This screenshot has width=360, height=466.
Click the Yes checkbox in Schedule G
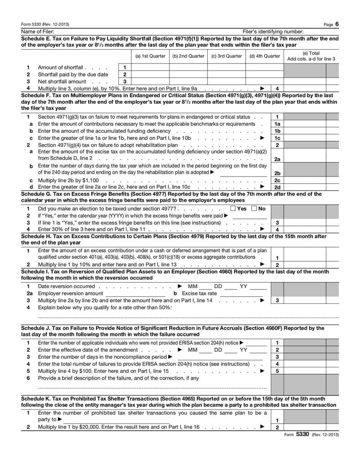[x=232, y=208]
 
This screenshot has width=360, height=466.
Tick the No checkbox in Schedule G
[x=254, y=208]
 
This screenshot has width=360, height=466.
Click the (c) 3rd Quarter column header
[x=226, y=56]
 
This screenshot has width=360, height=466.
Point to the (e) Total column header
[x=311, y=56]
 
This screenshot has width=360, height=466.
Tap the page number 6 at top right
[x=337, y=24]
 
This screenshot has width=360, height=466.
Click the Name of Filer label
[x=38, y=32]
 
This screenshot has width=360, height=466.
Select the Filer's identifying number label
[x=273, y=32]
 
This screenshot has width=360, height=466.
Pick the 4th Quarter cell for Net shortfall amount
[x=264, y=81]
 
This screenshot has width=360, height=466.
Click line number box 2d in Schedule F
[x=278, y=187]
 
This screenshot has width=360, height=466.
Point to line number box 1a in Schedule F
[x=278, y=124]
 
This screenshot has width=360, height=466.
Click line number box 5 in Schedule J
[x=278, y=371]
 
